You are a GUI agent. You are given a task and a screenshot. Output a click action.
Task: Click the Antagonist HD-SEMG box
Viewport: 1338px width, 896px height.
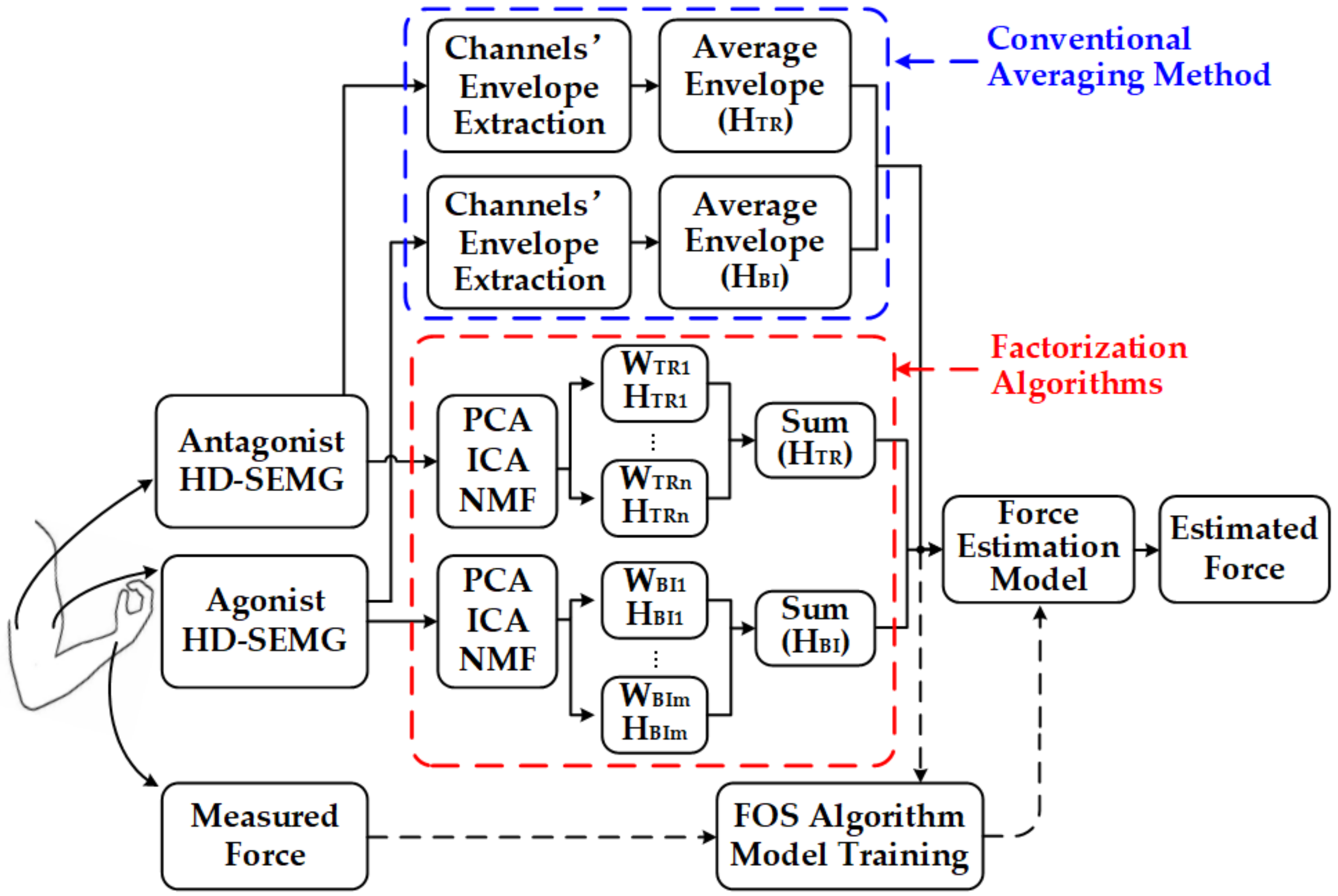(261, 461)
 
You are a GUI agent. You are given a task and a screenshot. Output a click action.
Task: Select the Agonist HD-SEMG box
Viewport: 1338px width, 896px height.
(264, 621)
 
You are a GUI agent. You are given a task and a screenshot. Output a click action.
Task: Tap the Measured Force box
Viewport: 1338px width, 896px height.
(264, 835)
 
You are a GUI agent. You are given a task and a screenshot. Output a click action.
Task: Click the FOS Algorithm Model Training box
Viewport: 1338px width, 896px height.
(849, 835)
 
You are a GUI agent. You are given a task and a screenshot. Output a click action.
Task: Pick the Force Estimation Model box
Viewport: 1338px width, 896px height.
(1038, 548)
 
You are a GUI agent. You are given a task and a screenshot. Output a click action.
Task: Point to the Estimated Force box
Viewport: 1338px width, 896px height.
(1243, 548)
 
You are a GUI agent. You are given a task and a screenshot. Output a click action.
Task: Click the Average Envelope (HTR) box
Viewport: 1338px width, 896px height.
(754, 86)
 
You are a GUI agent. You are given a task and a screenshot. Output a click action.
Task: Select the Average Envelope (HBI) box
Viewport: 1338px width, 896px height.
(754, 242)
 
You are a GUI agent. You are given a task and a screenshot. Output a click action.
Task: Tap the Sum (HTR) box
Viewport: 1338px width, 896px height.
(815, 439)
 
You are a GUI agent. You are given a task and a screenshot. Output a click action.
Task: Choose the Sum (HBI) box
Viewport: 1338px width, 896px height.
(815, 627)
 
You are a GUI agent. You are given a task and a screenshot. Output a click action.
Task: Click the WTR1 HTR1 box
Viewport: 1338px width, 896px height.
(655, 383)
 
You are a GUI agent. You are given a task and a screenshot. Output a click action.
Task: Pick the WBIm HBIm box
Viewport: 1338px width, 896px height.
(655, 714)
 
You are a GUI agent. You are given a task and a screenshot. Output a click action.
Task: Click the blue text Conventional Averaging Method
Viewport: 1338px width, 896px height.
(1128, 57)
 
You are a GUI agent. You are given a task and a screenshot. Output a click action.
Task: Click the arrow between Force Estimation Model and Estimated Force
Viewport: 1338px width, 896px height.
(1146, 550)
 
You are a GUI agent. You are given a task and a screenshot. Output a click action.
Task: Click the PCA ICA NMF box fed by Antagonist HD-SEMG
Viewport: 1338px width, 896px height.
(497, 461)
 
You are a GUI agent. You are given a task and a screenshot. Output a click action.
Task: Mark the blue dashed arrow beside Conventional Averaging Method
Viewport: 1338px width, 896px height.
(937, 61)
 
